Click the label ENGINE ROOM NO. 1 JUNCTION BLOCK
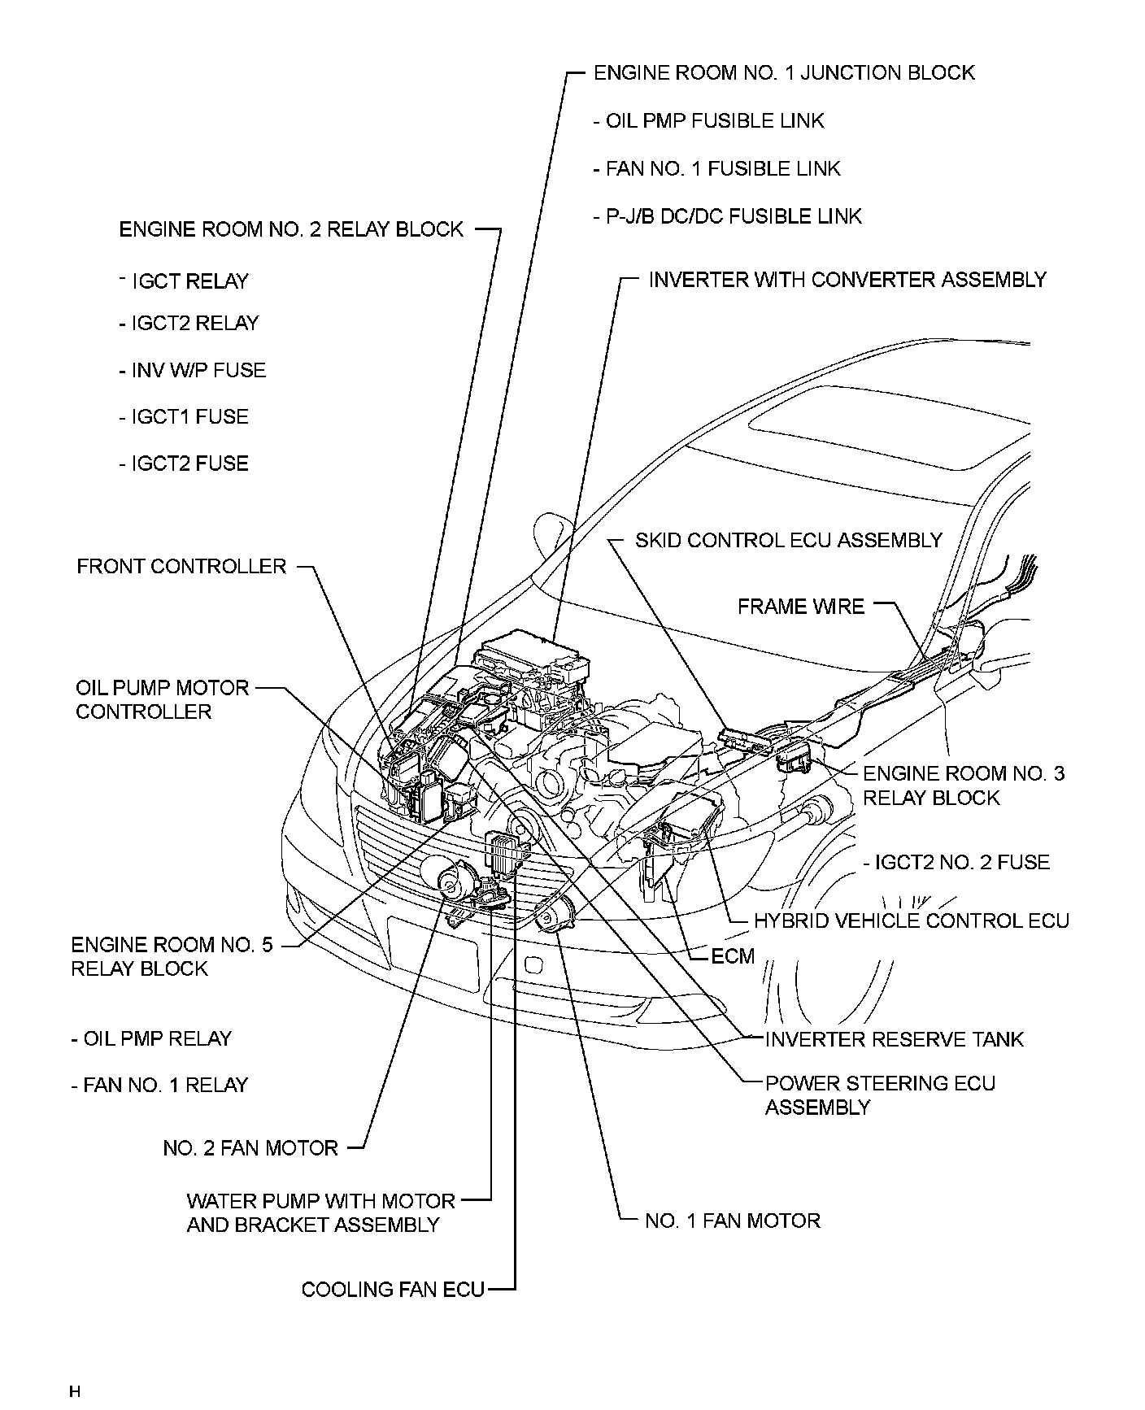click(784, 73)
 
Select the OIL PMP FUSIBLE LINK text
click(715, 121)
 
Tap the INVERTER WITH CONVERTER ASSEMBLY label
click(847, 281)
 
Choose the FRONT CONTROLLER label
click(181, 567)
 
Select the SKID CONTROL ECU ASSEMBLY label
click(788, 541)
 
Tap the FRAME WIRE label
click(801, 607)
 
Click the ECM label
click(733, 956)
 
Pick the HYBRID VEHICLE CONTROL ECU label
click(911, 920)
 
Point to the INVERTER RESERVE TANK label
click(895, 1039)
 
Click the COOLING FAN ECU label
click(393, 1290)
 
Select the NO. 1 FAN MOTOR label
click(732, 1221)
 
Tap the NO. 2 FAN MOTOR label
click(250, 1148)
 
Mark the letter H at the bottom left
click(75, 1391)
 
